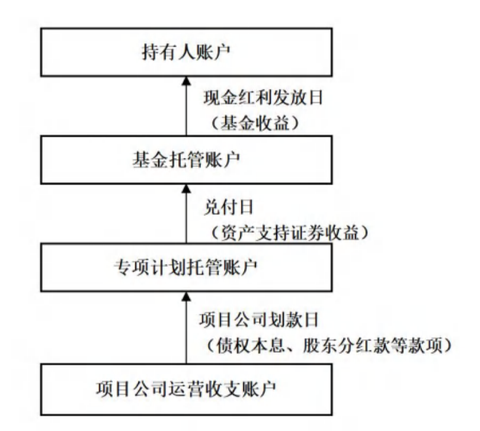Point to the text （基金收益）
coord(255,124)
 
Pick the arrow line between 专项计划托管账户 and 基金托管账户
coord(186,219)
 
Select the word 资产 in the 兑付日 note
coord(233,233)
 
